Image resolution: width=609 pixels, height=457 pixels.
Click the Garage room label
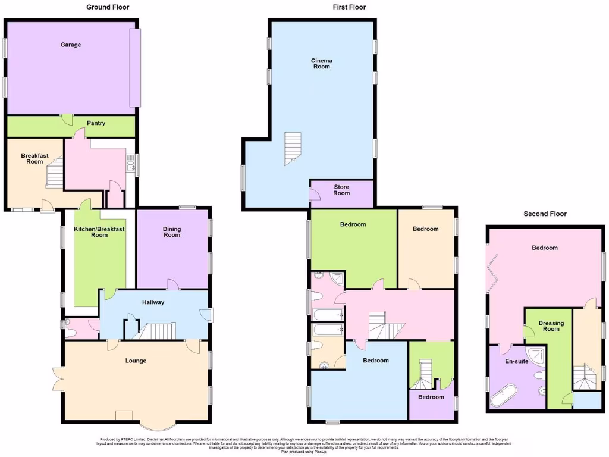(x=70, y=45)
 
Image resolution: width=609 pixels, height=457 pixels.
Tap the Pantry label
(x=96, y=124)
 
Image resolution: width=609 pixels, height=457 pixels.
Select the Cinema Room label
(x=322, y=64)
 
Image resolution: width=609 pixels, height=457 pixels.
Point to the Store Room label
(x=341, y=190)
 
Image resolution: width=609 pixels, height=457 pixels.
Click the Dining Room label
(x=172, y=232)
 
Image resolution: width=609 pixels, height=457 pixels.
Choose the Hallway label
(x=153, y=302)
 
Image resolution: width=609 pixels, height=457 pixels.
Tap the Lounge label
(x=136, y=361)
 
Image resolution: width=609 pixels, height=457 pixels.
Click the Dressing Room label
(x=551, y=326)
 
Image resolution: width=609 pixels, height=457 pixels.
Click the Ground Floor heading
(x=108, y=7)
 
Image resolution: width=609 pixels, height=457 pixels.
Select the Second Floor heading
(x=545, y=214)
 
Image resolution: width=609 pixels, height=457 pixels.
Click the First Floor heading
(x=349, y=7)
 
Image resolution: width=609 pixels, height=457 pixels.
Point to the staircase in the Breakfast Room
(x=55, y=174)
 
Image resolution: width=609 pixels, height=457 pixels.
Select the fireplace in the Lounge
(x=124, y=415)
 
